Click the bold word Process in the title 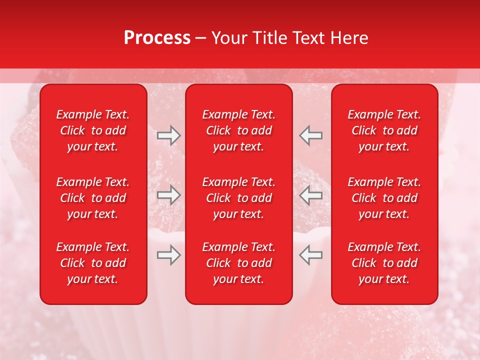pyautogui.click(x=157, y=38)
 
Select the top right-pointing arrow pyautogui.click(x=169, y=135)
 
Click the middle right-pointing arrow pyautogui.click(x=169, y=195)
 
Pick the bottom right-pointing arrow pyautogui.click(x=169, y=255)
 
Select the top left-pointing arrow pyautogui.click(x=310, y=135)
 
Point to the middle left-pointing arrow pyautogui.click(x=310, y=195)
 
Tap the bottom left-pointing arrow pyautogui.click(x=310, y=255)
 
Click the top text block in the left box pyautogui.click(x=93, y=130)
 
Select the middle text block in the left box pyautogui.click(x=93, y=198)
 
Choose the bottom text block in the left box pyautogui.click(x=93, y=263)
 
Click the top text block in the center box pyautogui.click(x=238, y=130)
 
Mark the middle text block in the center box pyautogui.click(x=238, y=198)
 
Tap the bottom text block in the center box pyautogui.click(x=238, y=263)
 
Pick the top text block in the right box pyautogui.click(x=384, y=130)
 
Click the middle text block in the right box pyautogui.click(x=384, y=198)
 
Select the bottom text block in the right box pyautogui.click(x=384, y=263)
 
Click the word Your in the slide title pyautogui.click(x=228, y=38)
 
